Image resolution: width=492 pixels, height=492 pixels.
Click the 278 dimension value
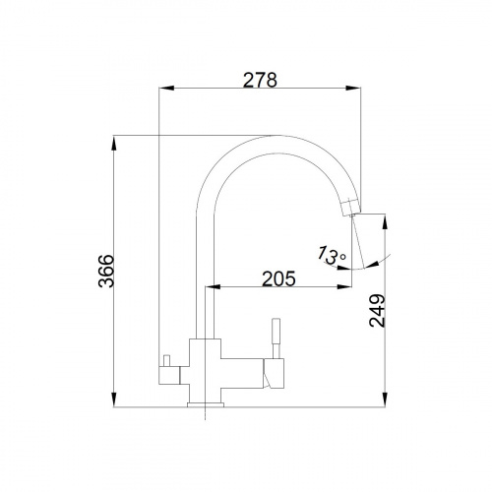(x=260, y=80)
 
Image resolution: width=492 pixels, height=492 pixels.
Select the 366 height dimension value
(x=106, y=271)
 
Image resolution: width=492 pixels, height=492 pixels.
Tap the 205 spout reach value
(x=278, y=278)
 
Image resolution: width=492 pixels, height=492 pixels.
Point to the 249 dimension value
(x=377, y=311)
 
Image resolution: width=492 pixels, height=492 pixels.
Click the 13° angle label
(x=331, y=255)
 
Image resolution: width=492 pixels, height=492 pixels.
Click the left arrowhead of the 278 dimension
(x=166, y=88)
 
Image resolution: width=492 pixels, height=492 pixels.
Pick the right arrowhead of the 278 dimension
(x=353, y=88)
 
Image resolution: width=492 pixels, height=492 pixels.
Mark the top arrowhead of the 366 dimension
(x=114, y=143)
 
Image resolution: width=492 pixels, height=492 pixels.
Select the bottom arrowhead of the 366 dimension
(x=114, y=400)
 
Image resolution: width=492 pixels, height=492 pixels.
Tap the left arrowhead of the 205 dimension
(x=213, y=287)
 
